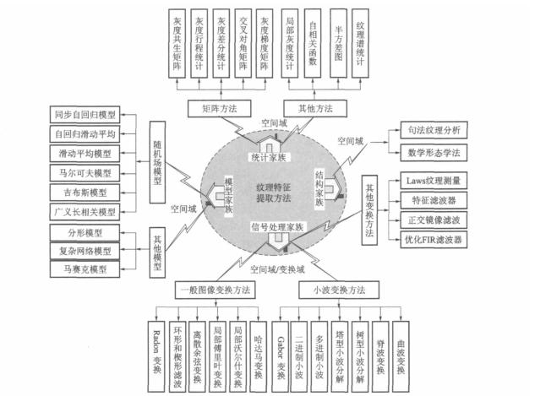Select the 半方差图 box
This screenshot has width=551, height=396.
click(x=338, y=44)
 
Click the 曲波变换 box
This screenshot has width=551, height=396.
click(x=401, y=349)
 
